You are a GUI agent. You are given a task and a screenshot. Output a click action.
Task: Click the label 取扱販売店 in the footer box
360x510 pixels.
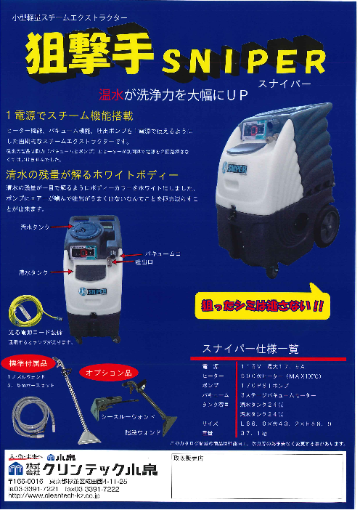coord(192,458)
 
